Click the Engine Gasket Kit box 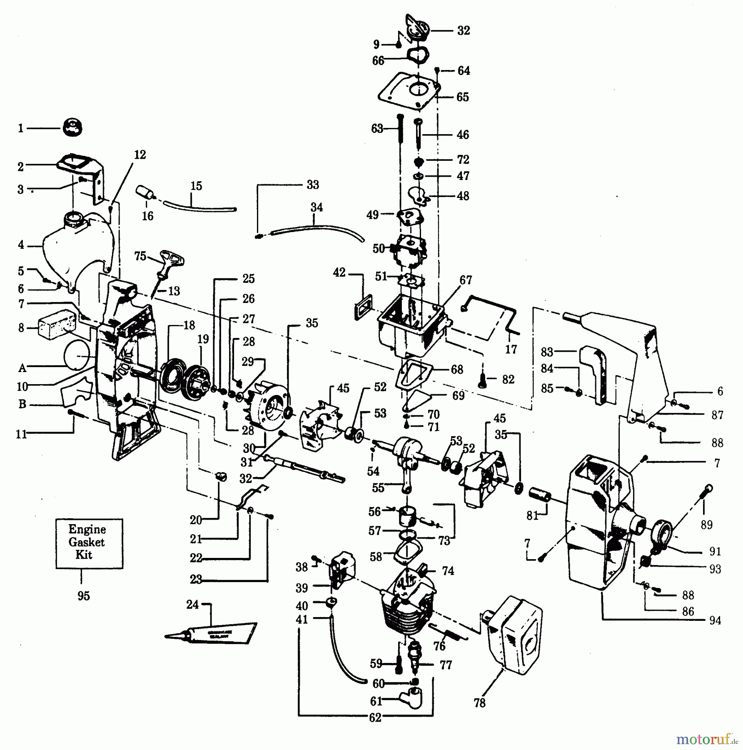pos(89,543)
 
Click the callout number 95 pos(83,596)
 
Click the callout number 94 pos(715,620)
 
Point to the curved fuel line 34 pos(317,228)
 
